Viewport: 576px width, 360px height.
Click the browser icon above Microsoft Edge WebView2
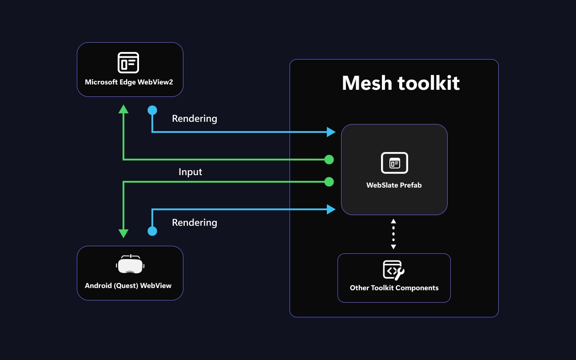coord(128,63)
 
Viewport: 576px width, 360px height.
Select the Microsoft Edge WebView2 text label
coord(129,82)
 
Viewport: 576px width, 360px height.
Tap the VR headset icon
coord(130,265)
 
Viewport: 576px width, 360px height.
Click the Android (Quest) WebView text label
coord(128,285)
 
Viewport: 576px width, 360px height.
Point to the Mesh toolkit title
coord(401,83)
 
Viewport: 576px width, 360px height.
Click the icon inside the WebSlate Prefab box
coord(394,163)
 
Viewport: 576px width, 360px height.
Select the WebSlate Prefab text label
coord(394,185)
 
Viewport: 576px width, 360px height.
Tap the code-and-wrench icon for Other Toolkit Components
coord(393,270)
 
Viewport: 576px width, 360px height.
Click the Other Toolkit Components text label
coord(394,288)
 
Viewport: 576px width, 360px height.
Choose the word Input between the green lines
coord(190,172)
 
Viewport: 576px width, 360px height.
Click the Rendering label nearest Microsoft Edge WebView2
coord(195,119)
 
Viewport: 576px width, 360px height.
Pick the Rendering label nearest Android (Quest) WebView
coord(195,223)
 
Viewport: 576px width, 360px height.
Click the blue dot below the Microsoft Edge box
coord(152,110)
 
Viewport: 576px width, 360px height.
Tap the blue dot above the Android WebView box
coord(152,231)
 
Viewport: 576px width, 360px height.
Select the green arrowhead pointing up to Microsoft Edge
coord(123,109)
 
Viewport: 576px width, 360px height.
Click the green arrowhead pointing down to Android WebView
coord(123,233)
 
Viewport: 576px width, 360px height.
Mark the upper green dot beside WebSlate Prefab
coord(329,160)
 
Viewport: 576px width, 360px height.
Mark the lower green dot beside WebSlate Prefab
coord(329,181)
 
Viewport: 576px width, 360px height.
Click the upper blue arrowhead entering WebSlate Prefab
coord(331,132)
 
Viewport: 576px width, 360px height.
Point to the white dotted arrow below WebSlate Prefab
coord(393,234)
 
